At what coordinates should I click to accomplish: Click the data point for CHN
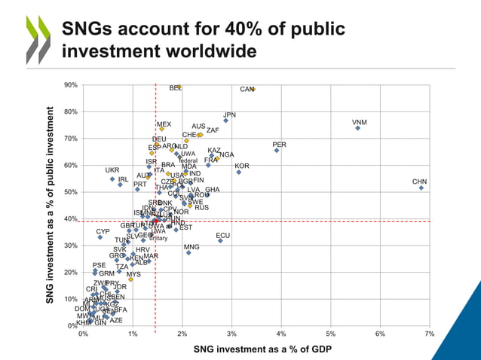pos(421,188)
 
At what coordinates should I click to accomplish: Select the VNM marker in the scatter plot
pos(357,128)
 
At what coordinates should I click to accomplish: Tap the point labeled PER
pos(277,151)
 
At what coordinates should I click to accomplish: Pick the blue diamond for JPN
pos(225,121)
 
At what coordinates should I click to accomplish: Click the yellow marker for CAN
pos(253,89)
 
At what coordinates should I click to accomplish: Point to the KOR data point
pos(239,172)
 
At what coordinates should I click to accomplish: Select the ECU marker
pos(220,240)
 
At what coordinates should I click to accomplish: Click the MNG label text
pos(191,247)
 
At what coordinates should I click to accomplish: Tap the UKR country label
pos(112,170)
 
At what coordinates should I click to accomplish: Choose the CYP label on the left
pos(103,231)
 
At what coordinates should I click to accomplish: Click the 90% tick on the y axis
pos(70,85)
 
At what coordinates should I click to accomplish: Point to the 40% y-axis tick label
pos(70,219)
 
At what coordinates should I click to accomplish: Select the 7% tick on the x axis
pos(429,334)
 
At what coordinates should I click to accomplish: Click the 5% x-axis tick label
pos(330,334)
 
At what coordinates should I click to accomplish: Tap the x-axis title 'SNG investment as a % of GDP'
pos(262,349)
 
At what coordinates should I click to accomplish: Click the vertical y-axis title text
pos(51,205)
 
